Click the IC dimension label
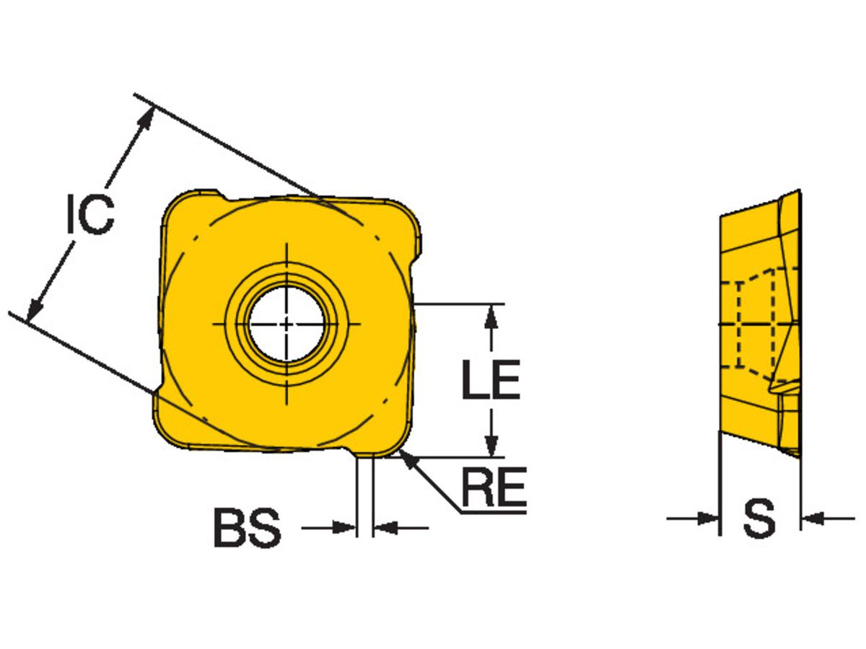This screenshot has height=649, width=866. (90, 214)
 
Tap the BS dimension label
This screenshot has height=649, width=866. (247, 529)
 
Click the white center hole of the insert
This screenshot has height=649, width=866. (287, 324)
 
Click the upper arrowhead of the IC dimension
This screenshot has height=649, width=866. (146, 116)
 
